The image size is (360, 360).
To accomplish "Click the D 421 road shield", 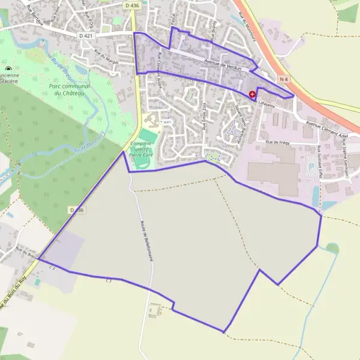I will [86, 35].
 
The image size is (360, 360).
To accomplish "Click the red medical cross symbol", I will [252, 94].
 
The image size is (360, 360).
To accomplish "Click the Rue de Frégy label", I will [278, 142].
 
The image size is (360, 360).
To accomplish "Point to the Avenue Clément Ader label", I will [328, 125].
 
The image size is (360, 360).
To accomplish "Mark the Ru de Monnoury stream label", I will [90, 143].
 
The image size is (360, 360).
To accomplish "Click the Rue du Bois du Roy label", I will [13, 294].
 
